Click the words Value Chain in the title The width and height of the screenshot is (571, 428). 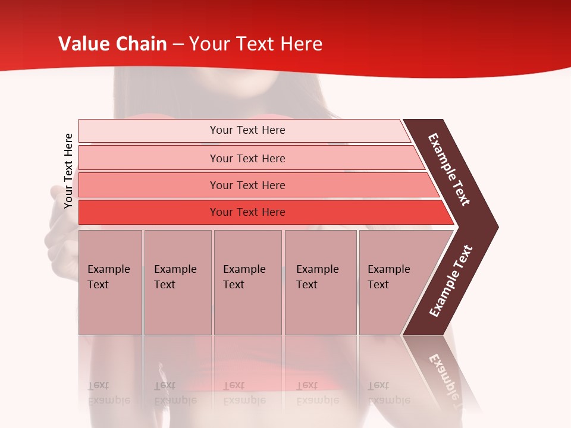coord(112,43)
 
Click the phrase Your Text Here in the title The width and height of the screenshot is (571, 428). coord(256,43)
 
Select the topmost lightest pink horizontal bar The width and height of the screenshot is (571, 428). coord(149,131)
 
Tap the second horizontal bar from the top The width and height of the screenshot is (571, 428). coord(149,158)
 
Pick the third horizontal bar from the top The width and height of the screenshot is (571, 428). coord(149,185)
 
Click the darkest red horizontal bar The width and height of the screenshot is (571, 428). coord(149,212)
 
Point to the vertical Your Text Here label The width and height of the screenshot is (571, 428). coord(68,171)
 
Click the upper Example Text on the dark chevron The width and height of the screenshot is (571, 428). coord(449,169)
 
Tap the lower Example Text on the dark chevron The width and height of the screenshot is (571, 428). coord(451,281)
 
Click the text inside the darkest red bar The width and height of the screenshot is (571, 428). coord(247,212)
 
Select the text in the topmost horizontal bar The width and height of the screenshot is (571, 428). coord(247,130)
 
